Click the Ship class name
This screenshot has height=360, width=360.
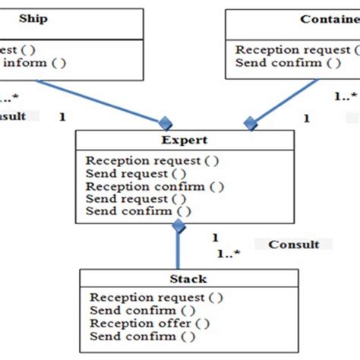coord(33,19)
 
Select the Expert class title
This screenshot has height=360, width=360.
coord(184,141)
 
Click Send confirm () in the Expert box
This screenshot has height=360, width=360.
coord(138,211)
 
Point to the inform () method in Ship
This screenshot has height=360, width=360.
coord(33,63)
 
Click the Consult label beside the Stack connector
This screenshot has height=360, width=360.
coord(293,245)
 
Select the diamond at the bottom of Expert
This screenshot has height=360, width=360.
coord(178,226)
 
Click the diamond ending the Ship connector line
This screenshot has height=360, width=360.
coord(163,122)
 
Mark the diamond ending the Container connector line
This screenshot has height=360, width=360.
coord(250,122)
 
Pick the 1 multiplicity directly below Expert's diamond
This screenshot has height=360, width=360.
coord(215,237)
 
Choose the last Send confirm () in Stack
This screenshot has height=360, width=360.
coord(142,336)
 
